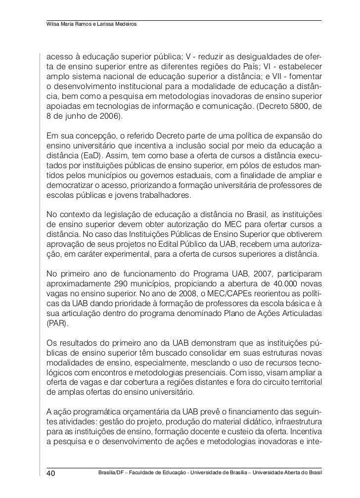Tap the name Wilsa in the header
point(53,25)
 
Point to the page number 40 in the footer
point(51,472)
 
